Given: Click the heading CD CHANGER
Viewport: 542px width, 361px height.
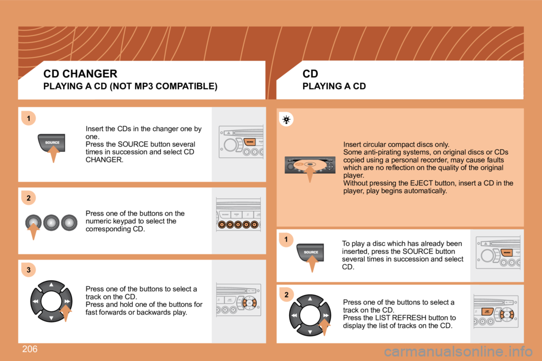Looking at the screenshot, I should (x=80, y=73).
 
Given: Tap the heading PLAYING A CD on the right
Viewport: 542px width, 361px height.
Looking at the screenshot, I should (x=334, y=86).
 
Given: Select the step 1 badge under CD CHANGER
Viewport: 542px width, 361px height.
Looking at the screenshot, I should (x=27, y=117).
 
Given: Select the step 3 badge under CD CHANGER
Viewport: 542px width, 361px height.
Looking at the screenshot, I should (x=27, y=270).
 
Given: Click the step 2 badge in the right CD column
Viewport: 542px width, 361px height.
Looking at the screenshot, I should (x=286, y=295).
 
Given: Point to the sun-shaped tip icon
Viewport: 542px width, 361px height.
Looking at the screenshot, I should (x=286, y=119).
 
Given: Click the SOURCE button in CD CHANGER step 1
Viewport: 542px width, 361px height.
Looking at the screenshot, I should (x=52, y=143).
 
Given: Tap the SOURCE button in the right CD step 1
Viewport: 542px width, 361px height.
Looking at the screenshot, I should (x=311, y=252).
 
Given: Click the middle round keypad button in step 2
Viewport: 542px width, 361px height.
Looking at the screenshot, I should (x=51, y=222).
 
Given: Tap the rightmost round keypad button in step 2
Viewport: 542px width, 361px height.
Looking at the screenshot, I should (x=69, y=222).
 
